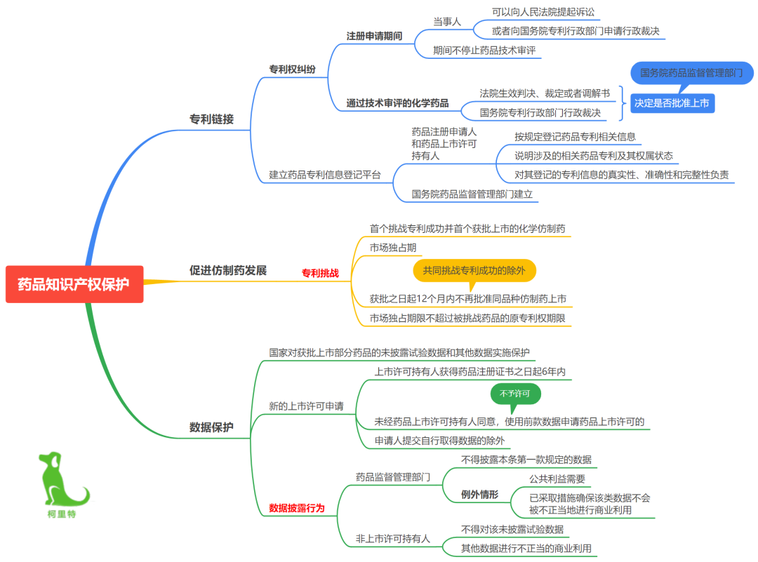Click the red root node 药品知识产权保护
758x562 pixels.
(74, 284)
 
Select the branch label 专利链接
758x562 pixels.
(212, 119)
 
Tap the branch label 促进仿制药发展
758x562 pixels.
(228, 270)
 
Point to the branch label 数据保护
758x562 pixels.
(211, 427)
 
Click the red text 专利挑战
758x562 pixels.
(320, 273)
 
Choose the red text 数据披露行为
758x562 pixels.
(297, 508)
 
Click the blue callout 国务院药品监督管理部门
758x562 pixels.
(692, 73)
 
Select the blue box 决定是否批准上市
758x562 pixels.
(672, 103)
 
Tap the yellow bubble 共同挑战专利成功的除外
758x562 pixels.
(474, 271)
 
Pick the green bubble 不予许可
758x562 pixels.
(515, 394)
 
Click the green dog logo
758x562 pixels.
(63, 479)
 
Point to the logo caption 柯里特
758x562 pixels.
(62, 514)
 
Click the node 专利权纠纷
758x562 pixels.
(293, 69)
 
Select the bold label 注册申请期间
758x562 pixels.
(374, 36)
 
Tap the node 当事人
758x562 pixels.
(447, 22)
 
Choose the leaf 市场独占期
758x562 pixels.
(393, 248)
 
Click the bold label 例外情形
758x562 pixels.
(479, 495)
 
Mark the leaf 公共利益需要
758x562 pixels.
(557, 479)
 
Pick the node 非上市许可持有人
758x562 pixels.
(393, 538)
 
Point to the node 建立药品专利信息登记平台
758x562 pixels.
(325, 175)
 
